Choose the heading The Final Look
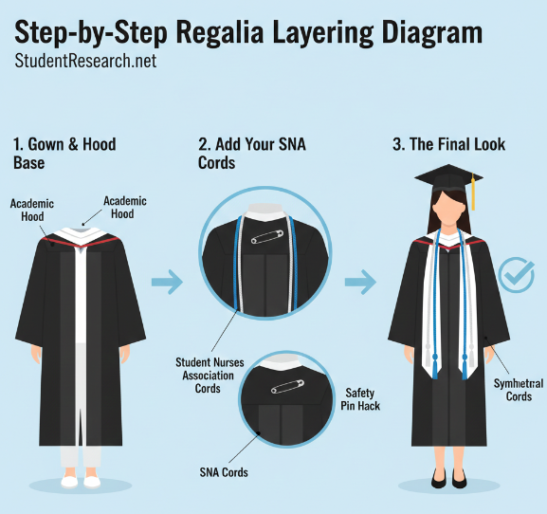[449, 145]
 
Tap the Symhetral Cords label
[519, 390]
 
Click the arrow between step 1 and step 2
[167, 281]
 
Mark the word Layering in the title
[324, 33]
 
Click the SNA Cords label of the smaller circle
[223, 471]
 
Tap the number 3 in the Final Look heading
[398, 145]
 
